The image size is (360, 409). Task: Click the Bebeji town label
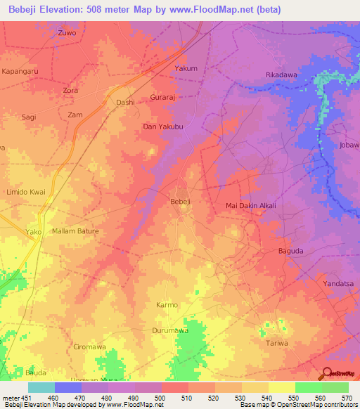[181, 202]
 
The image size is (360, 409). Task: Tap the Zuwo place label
[67, 32]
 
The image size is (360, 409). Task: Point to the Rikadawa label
[281, 74]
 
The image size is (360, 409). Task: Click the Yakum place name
[186, 68]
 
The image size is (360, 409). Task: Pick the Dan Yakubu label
[163, 127]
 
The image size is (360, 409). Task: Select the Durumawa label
[170, 330]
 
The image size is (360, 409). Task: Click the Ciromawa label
[89, 346]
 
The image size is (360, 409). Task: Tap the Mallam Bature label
[75, 231]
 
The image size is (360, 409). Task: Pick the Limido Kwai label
[26, 192]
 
